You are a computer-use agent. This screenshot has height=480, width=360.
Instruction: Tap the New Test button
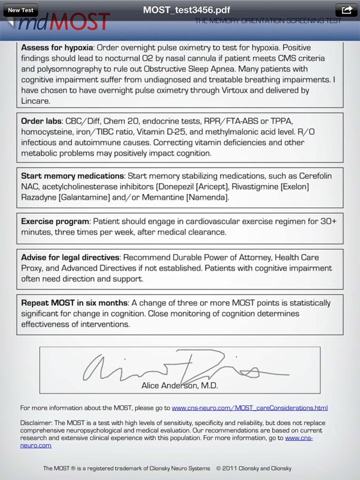point(21,10)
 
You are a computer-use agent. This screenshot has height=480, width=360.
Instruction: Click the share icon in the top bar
point(346,10)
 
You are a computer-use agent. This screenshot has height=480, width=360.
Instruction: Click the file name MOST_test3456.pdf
point(186,10)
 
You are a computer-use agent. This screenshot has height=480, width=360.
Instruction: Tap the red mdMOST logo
point(64,24)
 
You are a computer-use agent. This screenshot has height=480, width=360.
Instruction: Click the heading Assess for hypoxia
point(57,48)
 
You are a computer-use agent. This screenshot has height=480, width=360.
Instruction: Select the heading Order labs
point(41,121)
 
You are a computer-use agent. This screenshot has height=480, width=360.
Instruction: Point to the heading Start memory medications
point(72,176)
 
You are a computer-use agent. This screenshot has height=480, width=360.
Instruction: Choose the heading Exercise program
point(54,221)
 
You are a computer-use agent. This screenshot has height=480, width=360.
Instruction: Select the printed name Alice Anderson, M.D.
point(179,385)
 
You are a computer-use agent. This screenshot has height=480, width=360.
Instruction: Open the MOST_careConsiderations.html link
point(249,408)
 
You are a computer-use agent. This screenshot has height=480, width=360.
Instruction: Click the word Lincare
point(35,101)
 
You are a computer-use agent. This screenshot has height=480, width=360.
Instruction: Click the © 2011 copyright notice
point(254,468)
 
